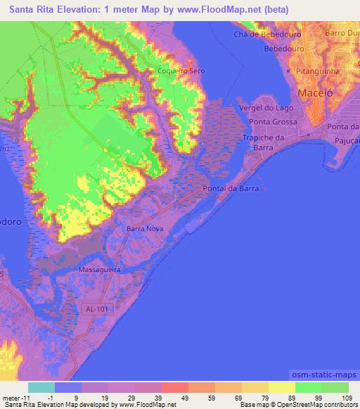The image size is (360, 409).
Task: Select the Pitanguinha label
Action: coord(318,72)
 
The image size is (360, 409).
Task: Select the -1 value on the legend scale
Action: coord(62,399)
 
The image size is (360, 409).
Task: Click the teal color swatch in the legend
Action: coord(41,387)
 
